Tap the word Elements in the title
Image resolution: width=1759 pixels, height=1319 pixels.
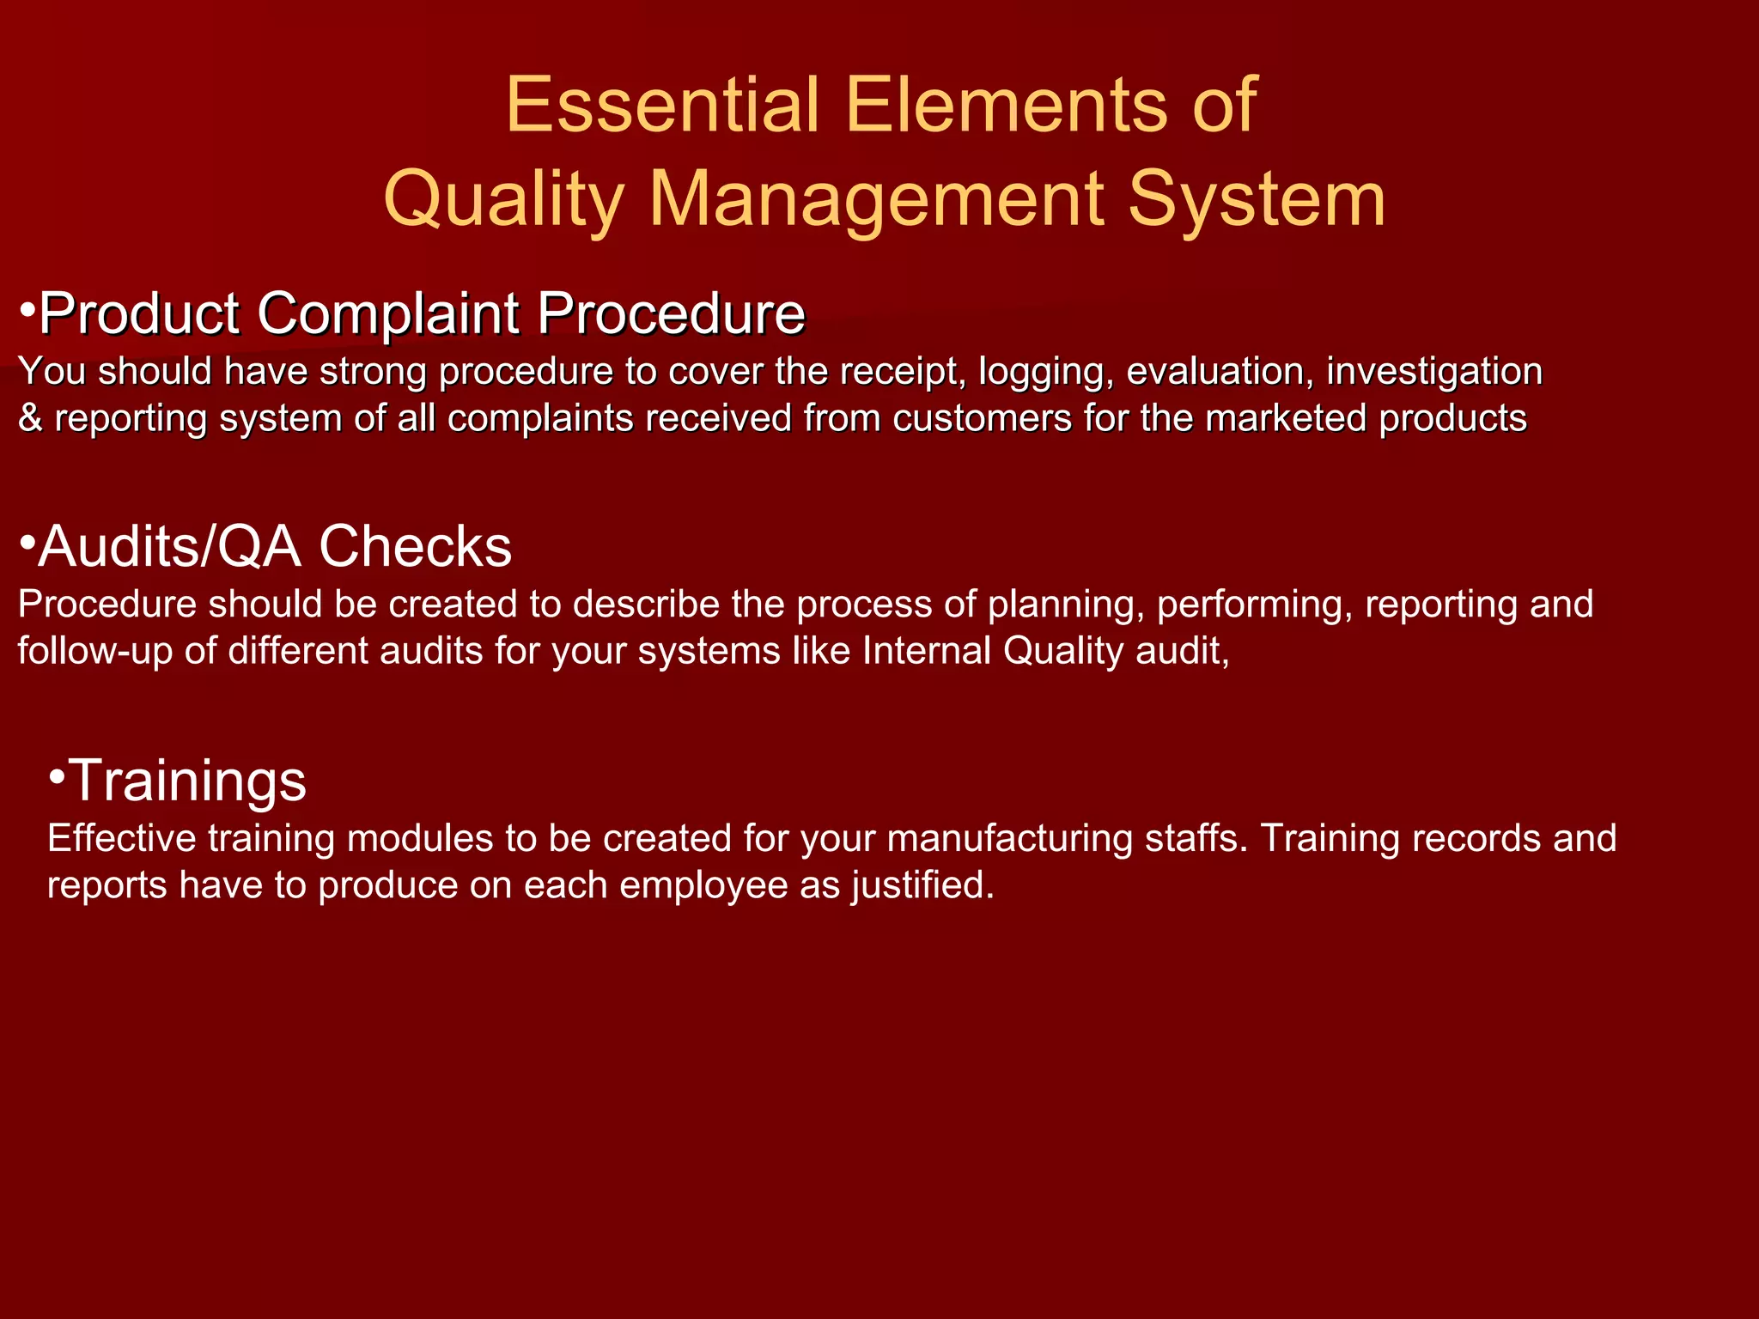click(x=1007, y=105)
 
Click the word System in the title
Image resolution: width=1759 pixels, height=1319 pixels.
click(x=1257, y=200)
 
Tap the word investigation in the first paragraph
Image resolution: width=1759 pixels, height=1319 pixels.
click(x=1434, y=372)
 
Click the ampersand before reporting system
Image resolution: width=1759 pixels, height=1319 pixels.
click(x=30, y=419)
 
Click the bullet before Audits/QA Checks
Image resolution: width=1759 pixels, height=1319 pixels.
click(x=27, y=543)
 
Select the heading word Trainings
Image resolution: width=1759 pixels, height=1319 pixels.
click(x=187, y=781)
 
